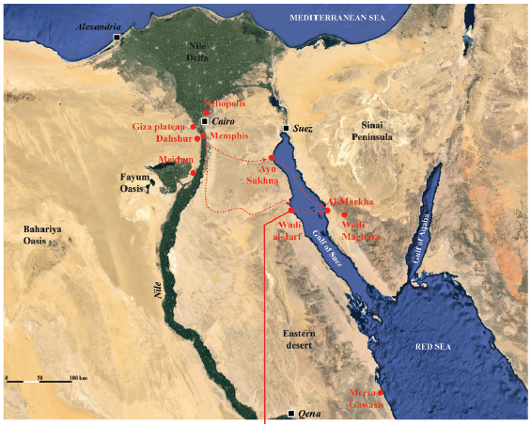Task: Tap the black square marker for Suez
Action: click(x=287, y=128)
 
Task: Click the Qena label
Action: click(x=310, y=415)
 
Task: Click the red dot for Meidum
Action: click(x=193, y=173)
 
